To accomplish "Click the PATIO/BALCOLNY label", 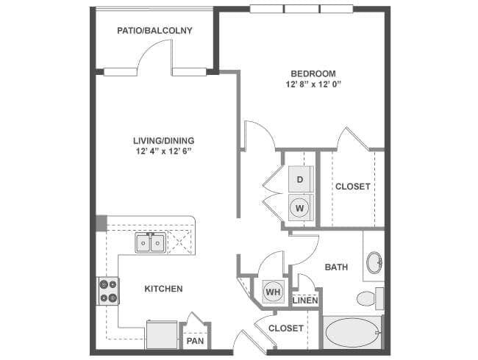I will (154, 31).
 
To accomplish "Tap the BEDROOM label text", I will (313, 73).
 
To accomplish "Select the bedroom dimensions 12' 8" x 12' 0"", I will (313, 84).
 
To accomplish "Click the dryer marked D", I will (300, 179).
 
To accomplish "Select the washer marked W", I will (300, 208).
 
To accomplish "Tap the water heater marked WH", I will (273, 292).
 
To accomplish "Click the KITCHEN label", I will (163, 289).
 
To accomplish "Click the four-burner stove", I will (108, 291).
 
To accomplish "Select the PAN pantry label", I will (195, 341).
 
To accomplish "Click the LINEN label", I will (305, 300).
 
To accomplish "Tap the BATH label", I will (337, 267).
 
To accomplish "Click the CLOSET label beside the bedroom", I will (353, 187).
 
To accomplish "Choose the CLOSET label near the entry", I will (285, 328).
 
